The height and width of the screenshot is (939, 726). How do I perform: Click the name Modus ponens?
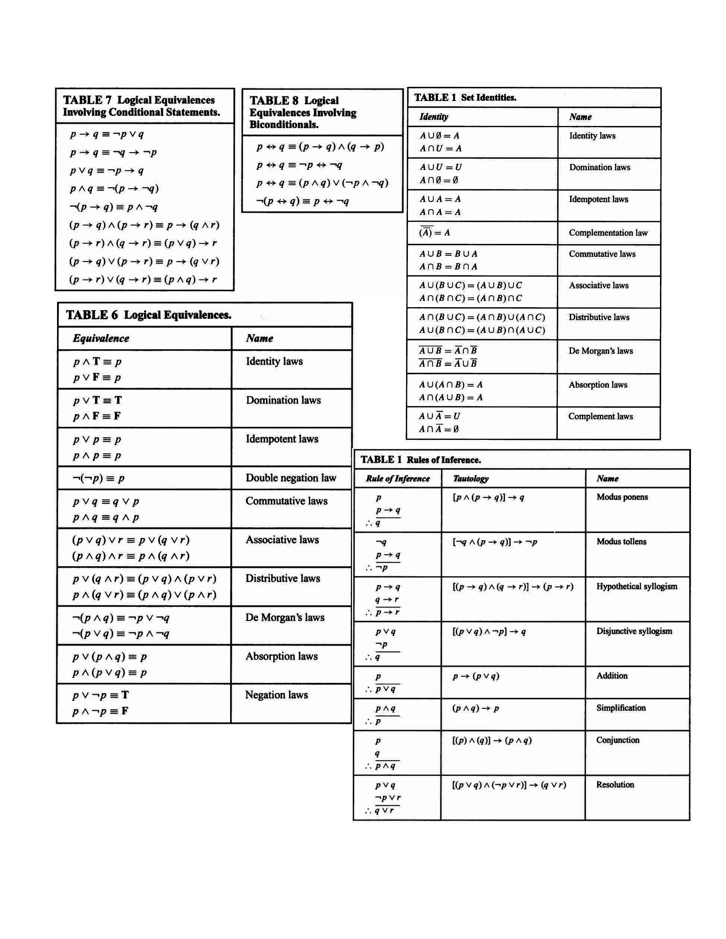(x=622, y=497)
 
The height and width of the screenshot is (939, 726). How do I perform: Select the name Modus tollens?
(x=621, y=542)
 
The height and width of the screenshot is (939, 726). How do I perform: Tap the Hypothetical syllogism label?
(x=637, y=586)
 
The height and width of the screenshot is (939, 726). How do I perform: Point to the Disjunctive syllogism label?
(x=634, y=631)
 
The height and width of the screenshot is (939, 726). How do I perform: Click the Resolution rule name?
(x=615, y=785)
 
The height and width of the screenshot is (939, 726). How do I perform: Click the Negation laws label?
(x=277, y=695)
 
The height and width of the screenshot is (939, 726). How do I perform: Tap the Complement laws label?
(x=600, y=416)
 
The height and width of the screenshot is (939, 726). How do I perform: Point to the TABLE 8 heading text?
(x=303, y=112)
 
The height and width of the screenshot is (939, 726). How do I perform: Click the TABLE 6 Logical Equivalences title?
(x=148, y=315)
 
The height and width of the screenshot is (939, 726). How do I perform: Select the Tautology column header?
(x=471, y=479)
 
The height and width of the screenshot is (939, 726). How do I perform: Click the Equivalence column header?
(x=101, y=338)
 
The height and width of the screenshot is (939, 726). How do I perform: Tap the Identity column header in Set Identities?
(x=434, y=117)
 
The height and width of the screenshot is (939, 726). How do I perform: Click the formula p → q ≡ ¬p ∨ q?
(x=107, y=134)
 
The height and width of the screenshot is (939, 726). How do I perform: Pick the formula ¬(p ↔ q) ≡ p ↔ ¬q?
(x=302, y=201)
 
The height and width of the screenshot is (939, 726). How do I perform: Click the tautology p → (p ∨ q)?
(x=476, y=676)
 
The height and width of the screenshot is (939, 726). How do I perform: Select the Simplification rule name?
(x=620, y=708)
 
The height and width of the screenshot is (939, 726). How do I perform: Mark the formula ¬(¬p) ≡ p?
(x=98, y=478)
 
